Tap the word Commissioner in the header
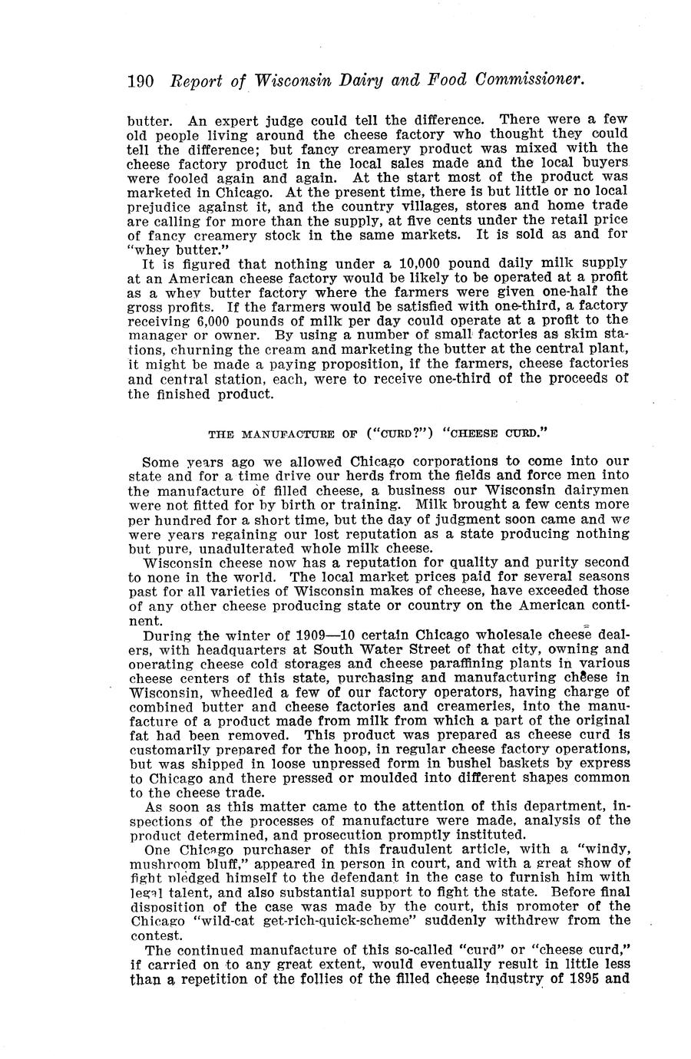pyautogui.click(x=531, y=81)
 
